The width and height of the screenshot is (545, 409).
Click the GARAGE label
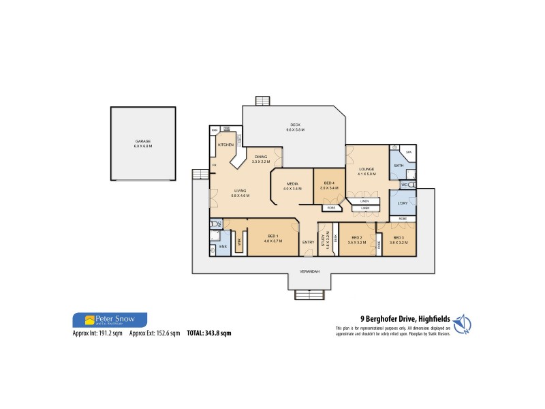coord(143,141)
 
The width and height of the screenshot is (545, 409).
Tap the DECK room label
coord(296,125)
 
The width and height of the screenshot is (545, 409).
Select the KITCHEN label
coord(226,145)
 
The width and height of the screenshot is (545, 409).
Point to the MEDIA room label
coord(292,183)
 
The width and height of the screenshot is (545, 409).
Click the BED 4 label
coord(329,183)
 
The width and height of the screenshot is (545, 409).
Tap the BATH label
coord(400,166)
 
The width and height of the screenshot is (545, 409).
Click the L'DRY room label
coord(403,202)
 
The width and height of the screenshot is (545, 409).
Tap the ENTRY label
coord(308,242)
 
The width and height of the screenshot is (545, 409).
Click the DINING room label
coord(261,157)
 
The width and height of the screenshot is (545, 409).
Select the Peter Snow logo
coord(109,319)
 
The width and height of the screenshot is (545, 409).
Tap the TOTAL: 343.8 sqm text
coord(208,333)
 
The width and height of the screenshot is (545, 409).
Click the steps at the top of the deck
coord(263,101)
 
